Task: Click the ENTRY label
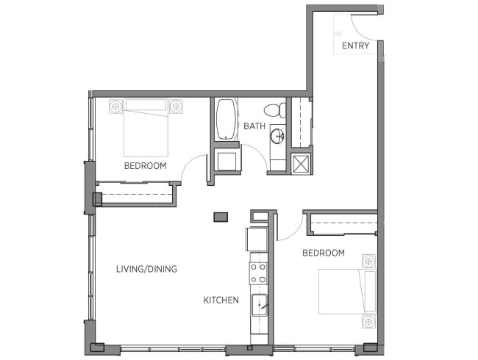tap(355, 46)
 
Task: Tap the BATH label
tap(254, 126)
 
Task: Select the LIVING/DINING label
tap(146, 269)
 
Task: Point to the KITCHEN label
tap(221, 300)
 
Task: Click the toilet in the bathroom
tap(275, 110)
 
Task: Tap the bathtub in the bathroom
tap(226, 120)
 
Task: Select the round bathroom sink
tap(278, 136)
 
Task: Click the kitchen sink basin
tap(259, 305)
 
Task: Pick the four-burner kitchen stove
tap(259, 273)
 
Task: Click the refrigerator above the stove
tap(257, 239)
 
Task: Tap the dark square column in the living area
tap(221, 217)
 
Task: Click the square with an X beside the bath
tap(300, 164)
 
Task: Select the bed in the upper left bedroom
tap(146, 128)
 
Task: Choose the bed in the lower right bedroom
tap(348, 292)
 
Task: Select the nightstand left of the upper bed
tap(115, 107)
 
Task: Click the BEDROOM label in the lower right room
tap(324, 253)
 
